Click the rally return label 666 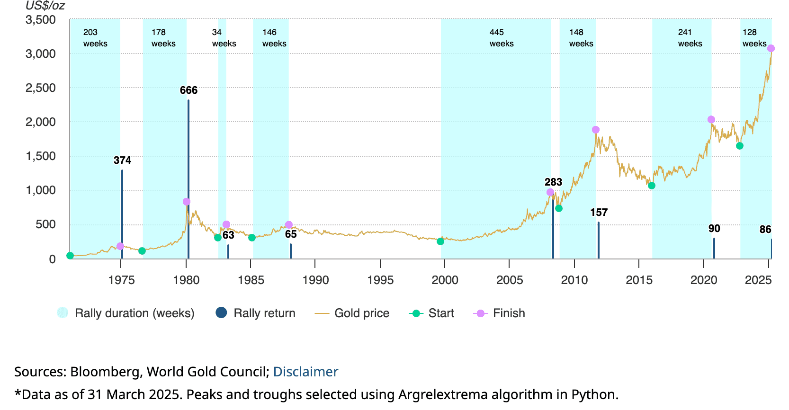(x=188, y=90)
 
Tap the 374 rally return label (x=122, y=160)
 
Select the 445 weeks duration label (x=501, y=38)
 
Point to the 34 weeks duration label (x=224, y=38)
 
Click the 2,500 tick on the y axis (x=41, y=88)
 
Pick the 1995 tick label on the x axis (x=380, y=280)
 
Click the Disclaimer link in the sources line (x=305, y=372)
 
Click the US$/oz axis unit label (x=45, y=6)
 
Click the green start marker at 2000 (x=440, y=241)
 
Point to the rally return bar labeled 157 (x=599, y=240)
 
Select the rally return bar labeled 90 (x=714, y=248)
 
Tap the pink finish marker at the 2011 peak (x=596, y=130)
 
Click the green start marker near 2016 (x=652, y=186)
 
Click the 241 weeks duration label (x=690, y=38)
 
